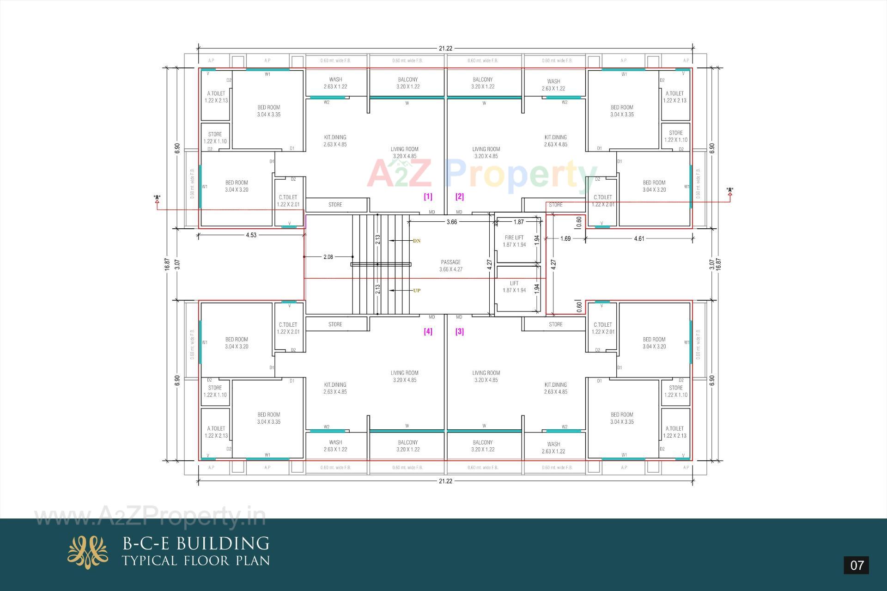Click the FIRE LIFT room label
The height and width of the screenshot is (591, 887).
click(514, 241)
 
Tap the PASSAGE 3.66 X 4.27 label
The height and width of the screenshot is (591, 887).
click(450, 265)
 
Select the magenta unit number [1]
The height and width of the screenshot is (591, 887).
click(428, 196)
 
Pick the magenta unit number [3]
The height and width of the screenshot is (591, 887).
click(459, 331)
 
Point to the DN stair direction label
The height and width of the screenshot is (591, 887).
click(416, 241)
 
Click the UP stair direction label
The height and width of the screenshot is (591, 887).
click(416, 291)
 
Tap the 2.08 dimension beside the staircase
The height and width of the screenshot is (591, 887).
click(328, 257)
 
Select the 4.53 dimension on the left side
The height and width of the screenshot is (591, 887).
click(251, 235)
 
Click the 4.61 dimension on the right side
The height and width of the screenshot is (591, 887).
click(639, 239)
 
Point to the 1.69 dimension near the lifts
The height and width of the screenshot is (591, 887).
click(565, 239)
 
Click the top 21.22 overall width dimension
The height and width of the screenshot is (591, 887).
click(445, 48)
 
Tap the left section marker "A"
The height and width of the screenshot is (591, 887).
click(157, 198)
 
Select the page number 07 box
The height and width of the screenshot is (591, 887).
click(857, 565)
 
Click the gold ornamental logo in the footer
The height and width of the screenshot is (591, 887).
click(88, 552)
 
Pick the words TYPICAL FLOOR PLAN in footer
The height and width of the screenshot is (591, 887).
click(196, 561)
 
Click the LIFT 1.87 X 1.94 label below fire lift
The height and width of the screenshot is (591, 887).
click(514, 286)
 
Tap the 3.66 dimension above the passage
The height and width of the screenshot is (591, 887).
click(451, 222)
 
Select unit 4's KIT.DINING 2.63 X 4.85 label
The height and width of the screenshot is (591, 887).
click(335, 388)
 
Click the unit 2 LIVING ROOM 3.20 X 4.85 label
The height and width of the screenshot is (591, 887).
click(486, 152)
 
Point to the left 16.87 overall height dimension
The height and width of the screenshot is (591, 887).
click(167, 264)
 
